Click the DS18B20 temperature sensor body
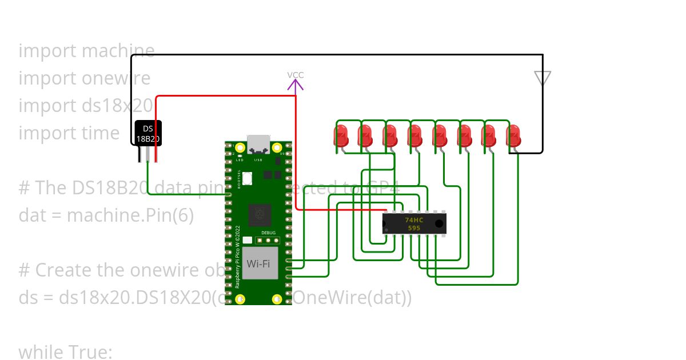[148, 133]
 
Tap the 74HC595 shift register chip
[414, 223]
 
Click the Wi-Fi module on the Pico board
[260, 263]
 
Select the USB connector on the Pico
[258, 145]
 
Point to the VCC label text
[296, 75]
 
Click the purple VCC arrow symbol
[296, 86]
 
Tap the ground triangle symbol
[542, 78]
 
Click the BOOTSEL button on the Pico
[247, 178]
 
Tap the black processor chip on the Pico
[260, 215]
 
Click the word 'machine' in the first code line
[118, 51]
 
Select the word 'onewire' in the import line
[117, 78]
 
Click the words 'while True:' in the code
[65, 352]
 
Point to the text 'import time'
[69, 133]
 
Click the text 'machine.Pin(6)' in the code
[130, 215]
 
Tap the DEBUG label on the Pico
[268, 233]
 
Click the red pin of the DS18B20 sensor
[155, 154]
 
